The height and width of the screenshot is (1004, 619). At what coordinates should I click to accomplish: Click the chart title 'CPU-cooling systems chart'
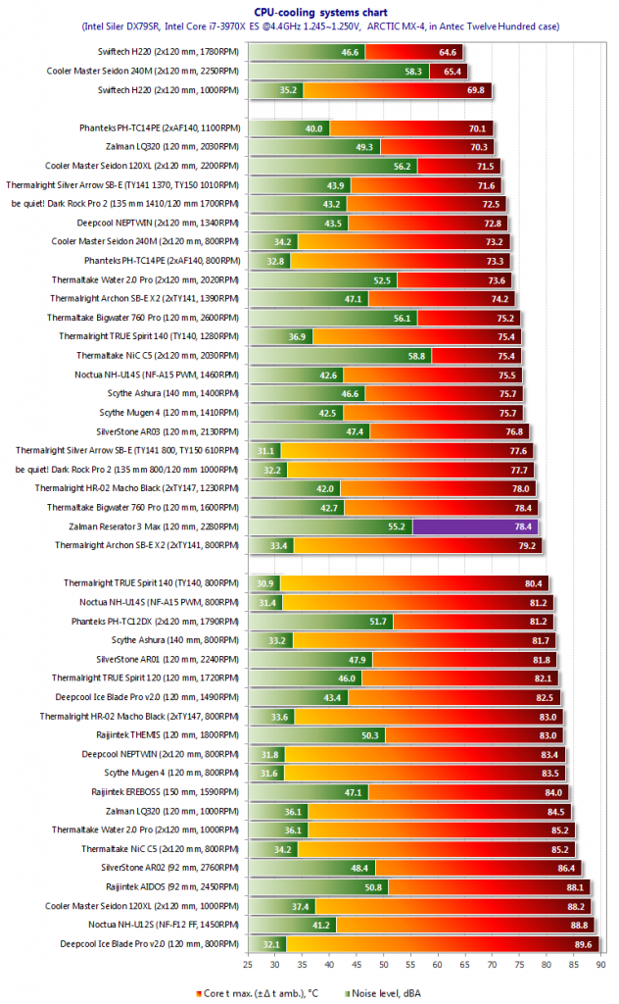point(309,10)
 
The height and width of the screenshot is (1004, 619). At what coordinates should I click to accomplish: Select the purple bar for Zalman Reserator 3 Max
point(475,527)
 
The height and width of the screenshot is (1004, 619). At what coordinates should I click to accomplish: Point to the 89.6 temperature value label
point(582,944)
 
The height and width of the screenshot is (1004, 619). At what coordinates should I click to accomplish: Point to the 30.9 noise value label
point(265,583)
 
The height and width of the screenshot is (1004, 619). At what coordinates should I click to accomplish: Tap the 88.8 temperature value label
point(578,925)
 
